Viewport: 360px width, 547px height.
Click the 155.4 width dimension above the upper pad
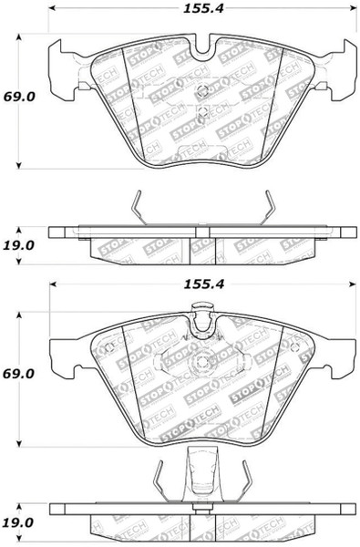pyautogui.click(x=203, y=8)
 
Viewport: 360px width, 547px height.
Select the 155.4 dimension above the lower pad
pyautogui.click(x=204, y=284)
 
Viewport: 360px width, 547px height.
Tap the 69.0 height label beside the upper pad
pyautogui.click(x=19, y=97)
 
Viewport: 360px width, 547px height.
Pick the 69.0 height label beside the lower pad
pyautogui.click(x=19, y=373)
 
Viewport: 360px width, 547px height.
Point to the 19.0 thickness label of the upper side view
pyautogui.click(x=19, y=245)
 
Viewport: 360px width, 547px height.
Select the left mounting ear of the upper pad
pyautogui.click(x=63, y=70)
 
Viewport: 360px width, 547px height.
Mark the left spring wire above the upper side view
pyautogui.click(x=139, y=208)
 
